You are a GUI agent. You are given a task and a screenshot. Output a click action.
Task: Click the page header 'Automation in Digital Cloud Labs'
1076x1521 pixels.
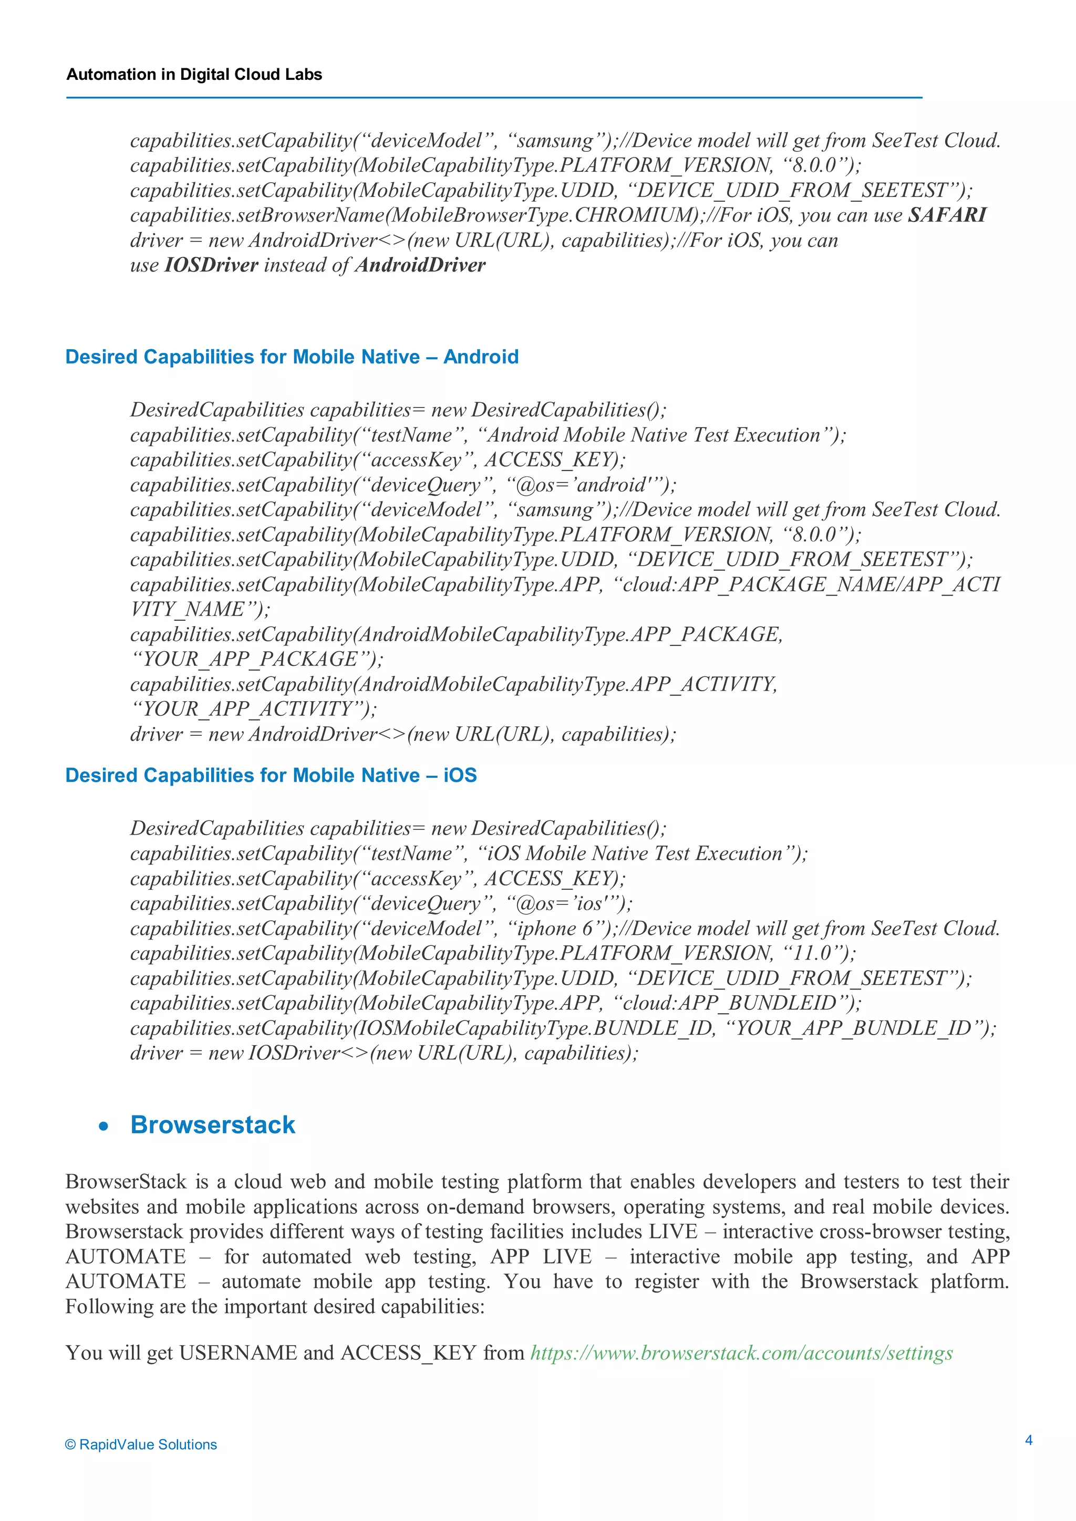pos(194,74)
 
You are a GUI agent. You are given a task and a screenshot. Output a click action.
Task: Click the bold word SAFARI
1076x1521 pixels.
pos(947,215)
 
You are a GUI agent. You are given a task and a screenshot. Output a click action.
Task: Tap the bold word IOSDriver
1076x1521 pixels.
pos(211,265)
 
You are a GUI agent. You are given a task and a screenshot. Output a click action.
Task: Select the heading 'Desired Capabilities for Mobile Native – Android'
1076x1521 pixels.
pos(292,357)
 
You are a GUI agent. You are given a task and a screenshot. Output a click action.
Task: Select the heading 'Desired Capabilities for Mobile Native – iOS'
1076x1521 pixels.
pos(271,775)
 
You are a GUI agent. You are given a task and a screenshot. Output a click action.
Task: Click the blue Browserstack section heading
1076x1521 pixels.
pos(213,1125)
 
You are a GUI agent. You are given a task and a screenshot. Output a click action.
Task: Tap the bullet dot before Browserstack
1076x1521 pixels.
pos(104,1126)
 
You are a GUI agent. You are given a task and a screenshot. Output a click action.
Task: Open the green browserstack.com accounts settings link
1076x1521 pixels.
pos(741,1353)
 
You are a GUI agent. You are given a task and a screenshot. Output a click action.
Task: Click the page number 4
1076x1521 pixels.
pos(1028,1440)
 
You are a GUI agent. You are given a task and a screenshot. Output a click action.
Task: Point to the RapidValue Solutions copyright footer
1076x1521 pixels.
pos(141,1445)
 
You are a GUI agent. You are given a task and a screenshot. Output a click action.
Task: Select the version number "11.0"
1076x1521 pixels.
pos(812,953)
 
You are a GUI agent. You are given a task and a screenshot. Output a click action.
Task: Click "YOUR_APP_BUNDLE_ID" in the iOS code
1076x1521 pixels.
pos(853,1028)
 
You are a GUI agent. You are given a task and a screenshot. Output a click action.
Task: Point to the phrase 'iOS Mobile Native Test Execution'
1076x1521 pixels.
pos(635,853)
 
